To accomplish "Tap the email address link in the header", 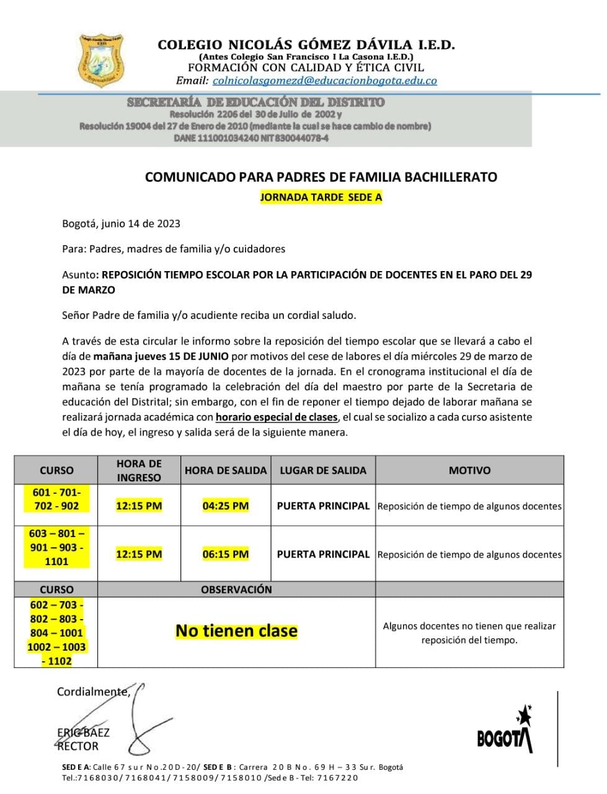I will click(x=324, y=81).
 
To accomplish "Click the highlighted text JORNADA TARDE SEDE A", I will click(x=321, y=198).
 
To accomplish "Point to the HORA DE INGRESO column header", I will click(x=139, y=470).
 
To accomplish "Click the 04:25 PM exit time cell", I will click(x=225, y=506).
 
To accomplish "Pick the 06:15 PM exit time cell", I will click(x=225, y=554).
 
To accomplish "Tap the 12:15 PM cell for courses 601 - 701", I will click(x=139, y=506).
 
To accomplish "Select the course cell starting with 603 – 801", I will click(x=56, y=547).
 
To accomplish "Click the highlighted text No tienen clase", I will click(x=236, y=631).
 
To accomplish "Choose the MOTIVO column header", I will click(x=469, y=470).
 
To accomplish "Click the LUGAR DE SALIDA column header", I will click(x=322, y=470).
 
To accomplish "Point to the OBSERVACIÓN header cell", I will click(x=236, y=589).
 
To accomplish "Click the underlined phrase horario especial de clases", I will click(x=277, y=417).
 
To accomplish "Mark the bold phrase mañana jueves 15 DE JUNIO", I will click(x=161, y=356).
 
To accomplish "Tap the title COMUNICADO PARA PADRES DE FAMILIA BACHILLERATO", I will click(x=321, y=177).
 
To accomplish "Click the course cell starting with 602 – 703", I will click(x=56, y=632).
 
